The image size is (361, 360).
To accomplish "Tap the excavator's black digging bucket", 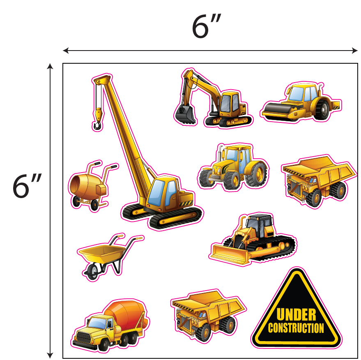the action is click(186, 114).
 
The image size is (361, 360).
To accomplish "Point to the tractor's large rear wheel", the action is click(256, 174).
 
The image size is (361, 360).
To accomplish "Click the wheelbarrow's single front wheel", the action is click(93, 272).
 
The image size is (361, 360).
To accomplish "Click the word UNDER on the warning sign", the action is click(296, 315).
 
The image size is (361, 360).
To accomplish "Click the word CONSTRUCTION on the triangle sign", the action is click(296, 328).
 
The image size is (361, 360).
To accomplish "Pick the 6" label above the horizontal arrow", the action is click(207, 26).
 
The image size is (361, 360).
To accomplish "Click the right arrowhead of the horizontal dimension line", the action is click(355, 50).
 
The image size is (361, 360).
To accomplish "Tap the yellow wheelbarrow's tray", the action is click(102, 253).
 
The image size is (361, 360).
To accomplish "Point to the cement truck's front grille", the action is click(84, 337).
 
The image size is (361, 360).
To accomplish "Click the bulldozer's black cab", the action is click(260, 225).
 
